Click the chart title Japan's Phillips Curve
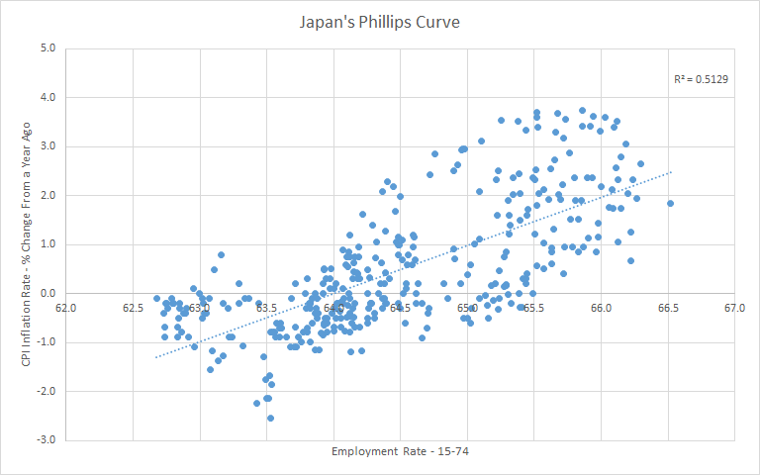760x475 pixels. [x=380, y=21]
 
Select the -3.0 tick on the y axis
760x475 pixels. [x=47, y=439]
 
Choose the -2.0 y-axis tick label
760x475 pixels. [x=47, y=391]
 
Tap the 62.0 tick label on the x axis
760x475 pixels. [x=66, y=308]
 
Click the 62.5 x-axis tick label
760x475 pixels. [x=134, y=308]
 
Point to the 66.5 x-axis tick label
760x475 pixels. [x=668, y=308]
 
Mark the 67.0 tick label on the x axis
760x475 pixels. [x=734, y=308]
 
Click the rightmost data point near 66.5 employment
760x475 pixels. [x=670, y=203]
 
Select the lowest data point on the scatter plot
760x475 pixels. [x=270, y=418]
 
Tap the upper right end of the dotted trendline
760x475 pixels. [x=670, y=172]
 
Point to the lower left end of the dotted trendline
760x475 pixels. [x=156, y=356]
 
